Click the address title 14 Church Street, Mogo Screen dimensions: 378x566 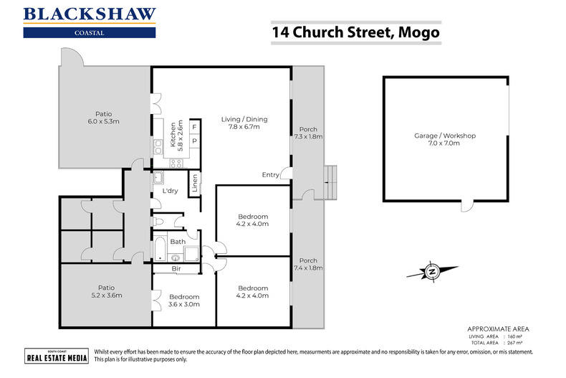pyautogui.click(x=355, y=33)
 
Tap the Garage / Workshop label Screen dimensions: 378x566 pyautogui.click(x=445, y=140)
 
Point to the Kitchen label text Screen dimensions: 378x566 pyautogui.click(x=176, y=135)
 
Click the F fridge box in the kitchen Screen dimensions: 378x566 pyautogui.click(x=194, y=128)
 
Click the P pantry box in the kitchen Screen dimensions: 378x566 pyautogui.click(x=194, y=141)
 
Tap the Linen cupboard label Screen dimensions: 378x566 pyautogui.click(x=194, y=184)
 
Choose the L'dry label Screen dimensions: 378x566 pyautogui.click(x=171, y=192)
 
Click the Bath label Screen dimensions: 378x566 pyautogui.click(x=177, y=242)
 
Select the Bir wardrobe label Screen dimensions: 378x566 pyautogui.click(x=176, y=269)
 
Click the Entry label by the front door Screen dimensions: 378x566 pyautogui.click(x=271, y=175)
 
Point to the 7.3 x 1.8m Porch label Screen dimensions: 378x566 pyautogui.click(x=308, y=133)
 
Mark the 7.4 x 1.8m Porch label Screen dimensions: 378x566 pyautogui.click(x=308, y=265)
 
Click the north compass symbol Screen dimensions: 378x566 pyautogui.click(x=432, y=271)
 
